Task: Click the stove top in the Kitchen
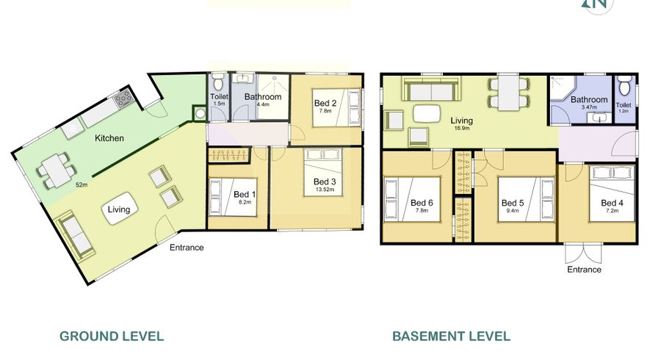click(124, 99)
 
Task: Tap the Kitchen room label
click(109, 138)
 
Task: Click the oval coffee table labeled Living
click(118, 209)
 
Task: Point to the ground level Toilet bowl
click(218, 82)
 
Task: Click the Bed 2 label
click(325, 103)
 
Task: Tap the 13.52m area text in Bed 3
click(325, 190)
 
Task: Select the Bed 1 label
click(245, 195)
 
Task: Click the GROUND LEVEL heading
click(112, 336)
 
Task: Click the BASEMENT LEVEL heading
click(452, 336)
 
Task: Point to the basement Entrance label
click(585, 270)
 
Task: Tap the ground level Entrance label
click(187, 248)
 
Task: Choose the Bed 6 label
click(422, 203)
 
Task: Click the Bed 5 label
click(513, 203)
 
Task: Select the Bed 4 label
click(612, 203)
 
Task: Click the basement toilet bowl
click(624, 84)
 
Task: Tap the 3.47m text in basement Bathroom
click(589, 107)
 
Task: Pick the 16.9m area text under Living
click(462, 128)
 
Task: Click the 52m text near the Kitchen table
click(82, 184)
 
